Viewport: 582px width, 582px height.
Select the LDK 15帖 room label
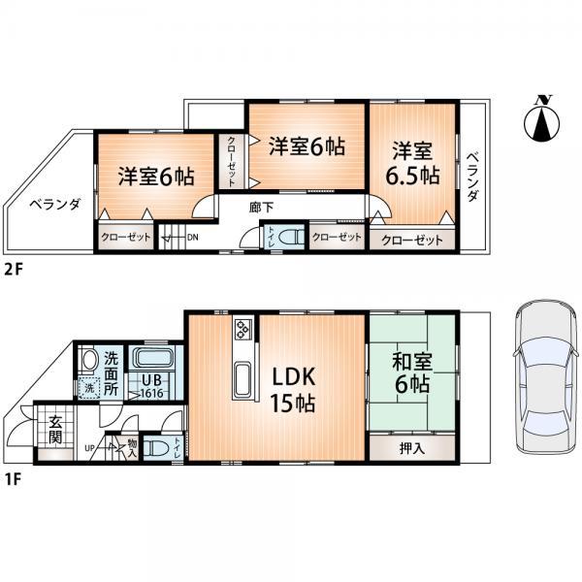click(x=291, y=388)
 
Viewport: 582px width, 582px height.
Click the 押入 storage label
click(x=412, y=449)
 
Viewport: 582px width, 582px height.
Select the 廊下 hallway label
click(x=260, y=207)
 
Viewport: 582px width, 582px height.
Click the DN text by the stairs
click(x=192, y=236)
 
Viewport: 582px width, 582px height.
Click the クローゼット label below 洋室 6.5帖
click(x=411, y=241)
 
